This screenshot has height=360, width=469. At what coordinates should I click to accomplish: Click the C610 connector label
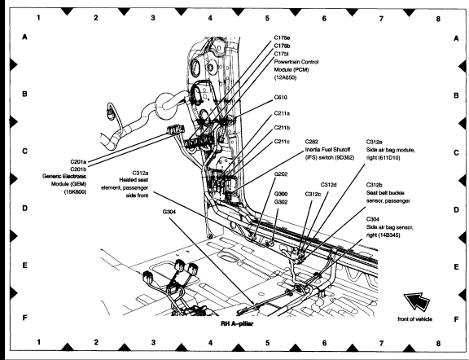pyautogui.click(x=281, y=98)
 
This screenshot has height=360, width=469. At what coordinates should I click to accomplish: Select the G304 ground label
pyautogui.click(x=169, y=212)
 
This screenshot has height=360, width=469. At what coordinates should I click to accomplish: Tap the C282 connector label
pyautogui.click(x=312, y=142)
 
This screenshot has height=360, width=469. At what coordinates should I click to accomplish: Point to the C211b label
pyautogui.click(x=282, y=128)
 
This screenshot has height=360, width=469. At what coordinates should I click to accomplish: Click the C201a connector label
pyautogui.click(x=78, y=162)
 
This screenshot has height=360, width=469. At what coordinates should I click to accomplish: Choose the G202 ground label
pyautogui.click(x=281, y=173)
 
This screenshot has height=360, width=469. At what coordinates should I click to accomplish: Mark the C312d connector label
pyautogui.click(x=328, y=185)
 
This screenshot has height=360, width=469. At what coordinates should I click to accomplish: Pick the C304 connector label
pyautogui.click(x=373, y=219)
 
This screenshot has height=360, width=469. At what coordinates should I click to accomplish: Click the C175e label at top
pyautogui.click(x=282, y=37)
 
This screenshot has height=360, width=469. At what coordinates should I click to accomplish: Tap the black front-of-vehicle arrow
pyautogui.click(x=417, y=301)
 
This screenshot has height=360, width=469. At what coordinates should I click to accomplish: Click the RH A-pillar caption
pyautogui.click(x=237, y=323)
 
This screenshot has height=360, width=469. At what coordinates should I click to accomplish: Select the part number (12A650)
pyautogui.click(x=285, y=77)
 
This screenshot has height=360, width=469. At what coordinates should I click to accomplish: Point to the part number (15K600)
pyautogui.click(x=75, y=192)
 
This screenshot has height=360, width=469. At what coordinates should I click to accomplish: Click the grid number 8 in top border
pyautogui.click(x=438, y=19)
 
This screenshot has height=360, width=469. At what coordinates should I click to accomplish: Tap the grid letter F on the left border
pyautogui.click(x=24, y=318)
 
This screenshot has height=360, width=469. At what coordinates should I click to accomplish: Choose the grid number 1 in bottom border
pyautogui.click(x=38, y=342)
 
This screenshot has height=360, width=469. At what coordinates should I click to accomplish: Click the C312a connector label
pyautogui.click(x=140, y=173)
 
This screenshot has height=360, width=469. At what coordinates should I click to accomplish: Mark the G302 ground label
pyautogui.click(x=281, y=202)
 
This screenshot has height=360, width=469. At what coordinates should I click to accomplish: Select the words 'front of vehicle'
pyautogui.click(x=415, y=319)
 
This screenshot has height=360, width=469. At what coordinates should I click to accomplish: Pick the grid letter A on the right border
pyautogui.click(x=456, y=38)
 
